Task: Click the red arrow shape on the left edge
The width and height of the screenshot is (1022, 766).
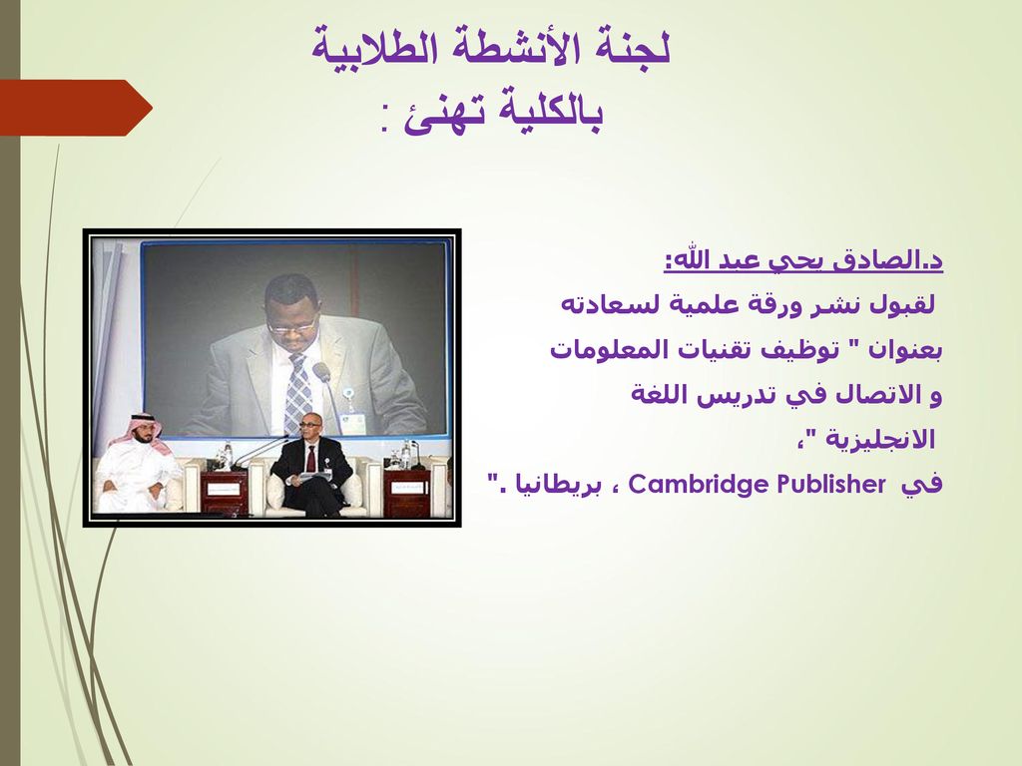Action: click(x=75, y=108)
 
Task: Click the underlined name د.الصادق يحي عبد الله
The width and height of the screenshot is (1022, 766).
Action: click(x=803, y=260)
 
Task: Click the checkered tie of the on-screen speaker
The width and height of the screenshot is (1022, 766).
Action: click(x=297, y=393)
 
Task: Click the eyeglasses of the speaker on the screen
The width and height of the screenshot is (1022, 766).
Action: click(x=292, y=325)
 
